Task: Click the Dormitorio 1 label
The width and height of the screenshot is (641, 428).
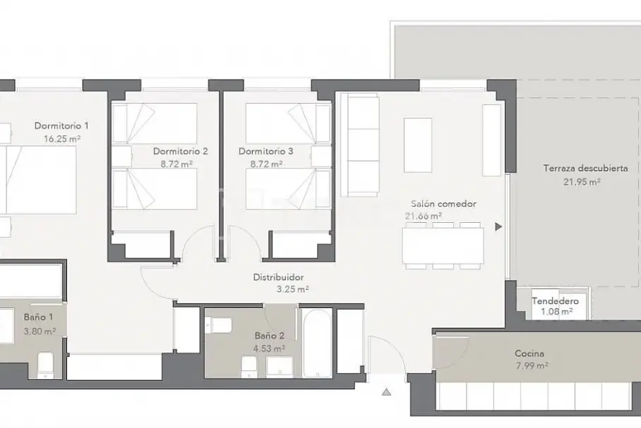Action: pos(61,126)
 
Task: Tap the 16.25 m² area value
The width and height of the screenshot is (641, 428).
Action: pos(61,139)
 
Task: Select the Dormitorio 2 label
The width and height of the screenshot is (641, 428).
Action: pos(180,152)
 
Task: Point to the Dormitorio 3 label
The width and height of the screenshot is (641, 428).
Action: pos(265,152)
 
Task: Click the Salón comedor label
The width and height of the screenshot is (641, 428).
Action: pos(443,204)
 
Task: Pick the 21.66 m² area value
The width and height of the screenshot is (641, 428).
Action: pos(423,216)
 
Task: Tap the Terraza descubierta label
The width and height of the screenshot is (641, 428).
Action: pos(585,169)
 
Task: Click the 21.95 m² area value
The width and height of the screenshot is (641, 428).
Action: pos(582,182)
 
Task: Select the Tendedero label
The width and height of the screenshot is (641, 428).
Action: pos(555,301)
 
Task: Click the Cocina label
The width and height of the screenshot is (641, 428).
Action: pos(529,354)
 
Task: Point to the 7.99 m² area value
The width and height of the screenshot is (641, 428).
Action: pos(532,366)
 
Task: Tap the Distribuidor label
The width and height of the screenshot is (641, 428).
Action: pos(278,278)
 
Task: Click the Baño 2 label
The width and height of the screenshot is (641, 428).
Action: pos(270,336)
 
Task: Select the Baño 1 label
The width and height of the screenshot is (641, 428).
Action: pos(38,317)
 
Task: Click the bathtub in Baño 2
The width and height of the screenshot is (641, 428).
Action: pos(318,343)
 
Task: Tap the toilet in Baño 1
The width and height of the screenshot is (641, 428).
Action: pos(45,365)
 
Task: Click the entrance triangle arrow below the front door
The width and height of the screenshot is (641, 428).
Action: pos(386,393)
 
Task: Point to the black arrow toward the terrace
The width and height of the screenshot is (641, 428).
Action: pos(498,226)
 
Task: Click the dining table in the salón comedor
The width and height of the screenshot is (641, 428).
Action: pos(443,245)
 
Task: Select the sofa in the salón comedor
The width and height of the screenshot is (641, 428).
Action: pos(359,145)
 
